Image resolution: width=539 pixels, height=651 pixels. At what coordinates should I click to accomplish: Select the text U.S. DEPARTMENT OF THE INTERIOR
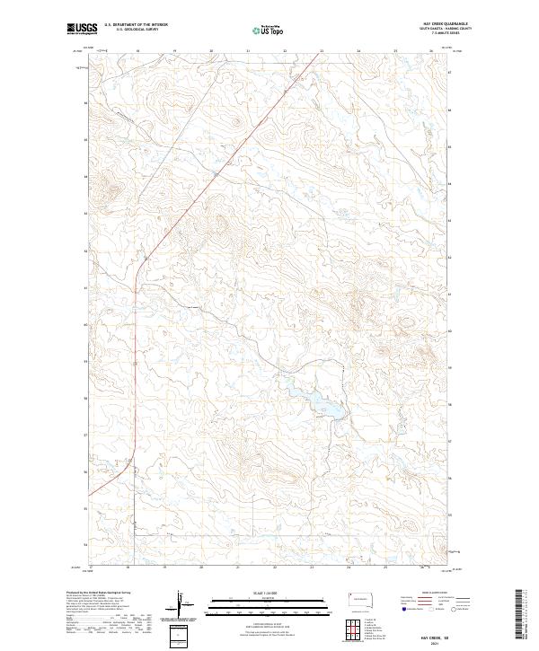tap(136, 26)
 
